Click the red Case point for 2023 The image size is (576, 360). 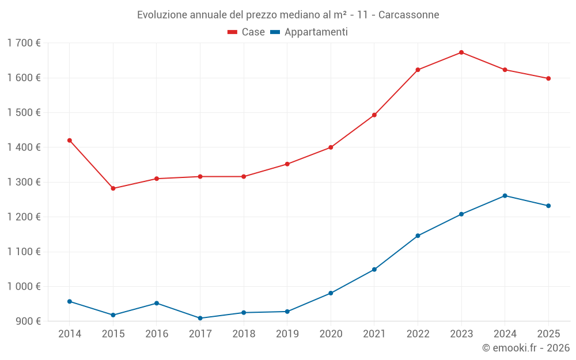point(461,52)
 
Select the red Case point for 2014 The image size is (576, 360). point(70,141)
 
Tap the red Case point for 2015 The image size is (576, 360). point(113,188)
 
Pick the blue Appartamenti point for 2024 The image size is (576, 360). point(505,196)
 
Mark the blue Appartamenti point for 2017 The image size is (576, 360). point(200,318)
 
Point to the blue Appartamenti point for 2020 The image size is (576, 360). point(331,293)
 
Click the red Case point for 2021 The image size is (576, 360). point(374,115)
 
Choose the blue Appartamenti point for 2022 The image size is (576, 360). point(418,236)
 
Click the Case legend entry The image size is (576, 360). point(246,32)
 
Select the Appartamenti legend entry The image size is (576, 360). point(309,32)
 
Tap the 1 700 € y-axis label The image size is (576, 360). point(24,43)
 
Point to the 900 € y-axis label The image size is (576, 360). point(28,321)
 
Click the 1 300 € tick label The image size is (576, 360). point(24,182)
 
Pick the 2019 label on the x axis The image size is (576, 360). point(287,334)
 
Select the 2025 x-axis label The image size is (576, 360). point(548,334)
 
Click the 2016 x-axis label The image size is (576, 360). point(157,334)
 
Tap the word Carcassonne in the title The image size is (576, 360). point(410,14)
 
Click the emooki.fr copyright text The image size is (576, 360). point(526,348)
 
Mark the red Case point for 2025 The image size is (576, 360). point(548,78)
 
